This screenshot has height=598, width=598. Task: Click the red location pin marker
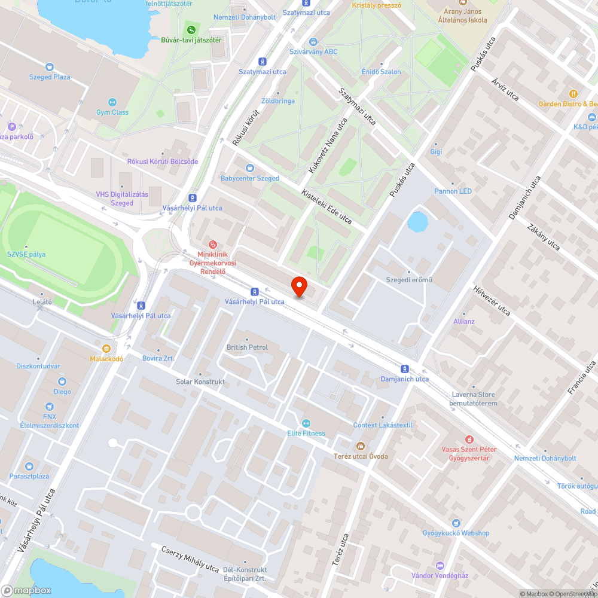tap(298, 286)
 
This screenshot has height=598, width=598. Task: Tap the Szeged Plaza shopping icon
tap(50, 67)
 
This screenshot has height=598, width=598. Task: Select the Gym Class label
tap(112, 112)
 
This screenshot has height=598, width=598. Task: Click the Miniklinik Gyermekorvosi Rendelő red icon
tap(212, 244)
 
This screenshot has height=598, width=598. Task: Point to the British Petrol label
tap(247, 347)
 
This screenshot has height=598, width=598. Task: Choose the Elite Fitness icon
tap(306, 423)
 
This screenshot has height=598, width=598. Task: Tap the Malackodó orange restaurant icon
tap(106, 349)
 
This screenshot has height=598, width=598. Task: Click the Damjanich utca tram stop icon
tap(405, 369)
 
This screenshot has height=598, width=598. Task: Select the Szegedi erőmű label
tap(409, 280)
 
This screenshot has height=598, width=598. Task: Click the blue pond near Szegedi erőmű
tap(417, 222)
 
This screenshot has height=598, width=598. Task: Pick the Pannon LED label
tap(453, 191)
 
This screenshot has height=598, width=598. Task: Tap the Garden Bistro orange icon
tap(573, 93)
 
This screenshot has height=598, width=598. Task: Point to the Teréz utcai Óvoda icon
tap(360, 446)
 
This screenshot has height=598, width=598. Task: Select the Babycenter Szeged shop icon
tap(249, 168)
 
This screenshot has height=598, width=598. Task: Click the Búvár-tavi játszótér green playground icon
tap(191, 29)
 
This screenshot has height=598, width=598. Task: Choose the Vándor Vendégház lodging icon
tap(440, 565)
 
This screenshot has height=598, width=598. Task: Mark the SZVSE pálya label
tap(26, 254)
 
